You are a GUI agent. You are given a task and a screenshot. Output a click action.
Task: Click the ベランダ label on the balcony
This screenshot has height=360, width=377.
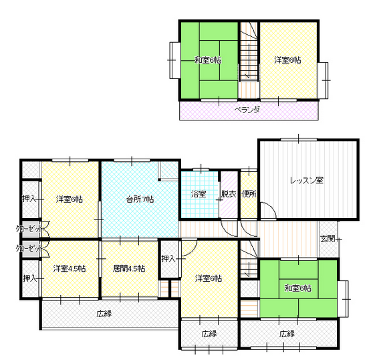pos(247,110)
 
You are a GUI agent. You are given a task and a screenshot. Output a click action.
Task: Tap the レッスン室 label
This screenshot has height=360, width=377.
pos(307,181)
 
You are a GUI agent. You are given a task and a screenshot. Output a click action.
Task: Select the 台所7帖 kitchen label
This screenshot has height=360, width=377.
pos(140,199)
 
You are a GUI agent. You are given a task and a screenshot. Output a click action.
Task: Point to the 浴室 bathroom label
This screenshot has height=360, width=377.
pos(199,194)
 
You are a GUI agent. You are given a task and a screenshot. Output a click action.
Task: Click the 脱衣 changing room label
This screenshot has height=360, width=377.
pos(229,194)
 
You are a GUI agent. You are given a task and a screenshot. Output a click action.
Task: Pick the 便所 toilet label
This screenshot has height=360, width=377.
pos(249,194)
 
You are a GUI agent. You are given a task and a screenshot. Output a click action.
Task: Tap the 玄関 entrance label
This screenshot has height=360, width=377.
pos(328,239)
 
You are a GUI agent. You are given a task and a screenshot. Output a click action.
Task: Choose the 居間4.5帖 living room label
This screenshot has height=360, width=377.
pos(129,268)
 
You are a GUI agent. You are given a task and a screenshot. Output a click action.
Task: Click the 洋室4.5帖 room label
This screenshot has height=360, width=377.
pos(70,268)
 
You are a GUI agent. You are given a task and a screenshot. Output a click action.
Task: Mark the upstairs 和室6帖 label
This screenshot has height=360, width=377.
pos(208,60)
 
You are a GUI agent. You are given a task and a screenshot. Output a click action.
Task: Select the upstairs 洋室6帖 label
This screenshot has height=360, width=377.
pos(287,60)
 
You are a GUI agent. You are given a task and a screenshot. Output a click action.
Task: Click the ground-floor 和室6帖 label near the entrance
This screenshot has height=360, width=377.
pos(298,288)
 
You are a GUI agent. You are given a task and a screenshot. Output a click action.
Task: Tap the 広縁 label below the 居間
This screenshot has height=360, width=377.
pos(104,314)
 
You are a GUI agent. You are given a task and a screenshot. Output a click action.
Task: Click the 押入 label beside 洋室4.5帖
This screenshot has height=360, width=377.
pos(30,278)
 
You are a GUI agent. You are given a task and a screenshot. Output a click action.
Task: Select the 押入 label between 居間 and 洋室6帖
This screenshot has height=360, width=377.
pos(168,259)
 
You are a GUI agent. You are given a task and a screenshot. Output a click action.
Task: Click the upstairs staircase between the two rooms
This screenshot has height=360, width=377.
pos(249,52)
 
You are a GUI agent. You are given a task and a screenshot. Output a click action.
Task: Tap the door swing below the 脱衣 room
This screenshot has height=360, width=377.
pos(229,228)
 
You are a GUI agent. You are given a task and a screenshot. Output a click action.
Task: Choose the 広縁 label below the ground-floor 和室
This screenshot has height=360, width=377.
pos(287,334)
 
